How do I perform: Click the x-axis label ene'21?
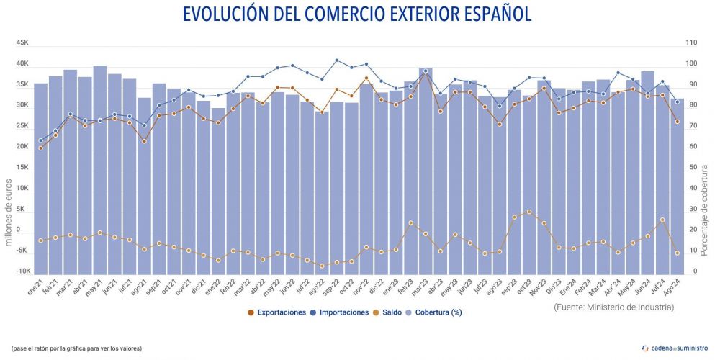(x=36, y=287)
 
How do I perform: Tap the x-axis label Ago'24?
(x=672, y=287)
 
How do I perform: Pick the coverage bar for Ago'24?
(x=677, y=187)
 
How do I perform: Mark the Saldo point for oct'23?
(x=529, y=212)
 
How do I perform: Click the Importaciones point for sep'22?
(x=337, y=60)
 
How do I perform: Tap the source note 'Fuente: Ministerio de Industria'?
(x=614, y=307)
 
